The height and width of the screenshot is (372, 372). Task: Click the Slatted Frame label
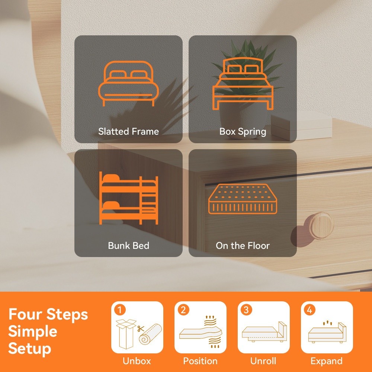click(129, 131)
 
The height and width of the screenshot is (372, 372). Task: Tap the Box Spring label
click(243, 132)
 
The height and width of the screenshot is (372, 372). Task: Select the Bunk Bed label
click(129, 246)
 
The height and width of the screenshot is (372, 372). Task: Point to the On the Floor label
click(243, 246)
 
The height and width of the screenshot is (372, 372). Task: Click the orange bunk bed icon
click(129, 198)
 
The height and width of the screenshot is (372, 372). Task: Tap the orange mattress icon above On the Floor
click(243, 199)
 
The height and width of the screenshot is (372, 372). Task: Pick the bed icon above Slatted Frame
click(129, 83)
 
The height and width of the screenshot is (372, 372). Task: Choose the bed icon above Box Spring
click(243, 83)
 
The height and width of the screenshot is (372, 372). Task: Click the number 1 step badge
click(120, 310)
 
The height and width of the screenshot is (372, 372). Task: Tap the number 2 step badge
click(183, 310)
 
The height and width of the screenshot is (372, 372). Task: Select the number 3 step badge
click(246, 310)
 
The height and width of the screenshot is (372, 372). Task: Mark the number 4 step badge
click(310, 310)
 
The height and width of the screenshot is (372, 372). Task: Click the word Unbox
click(137, 361)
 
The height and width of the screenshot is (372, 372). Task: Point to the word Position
click(200, 361)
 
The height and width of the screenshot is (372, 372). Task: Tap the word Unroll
click(263, 361)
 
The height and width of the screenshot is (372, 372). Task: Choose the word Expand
click(327, 361)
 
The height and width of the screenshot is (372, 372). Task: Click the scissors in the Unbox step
click(141, 329)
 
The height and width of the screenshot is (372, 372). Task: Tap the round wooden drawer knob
click(321, 225)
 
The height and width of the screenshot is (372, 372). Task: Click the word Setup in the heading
click(30, 349)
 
